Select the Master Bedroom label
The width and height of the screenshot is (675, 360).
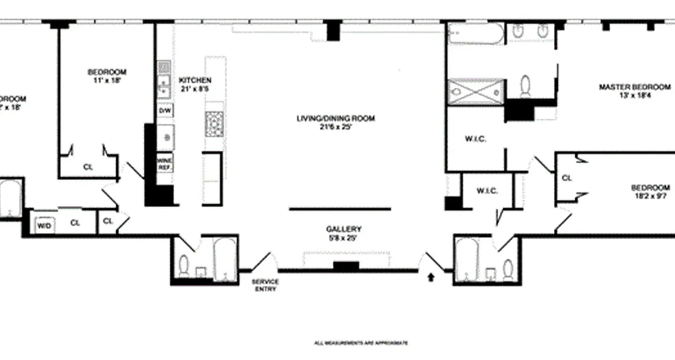coord(634,87)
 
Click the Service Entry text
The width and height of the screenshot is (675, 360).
coord(265,285)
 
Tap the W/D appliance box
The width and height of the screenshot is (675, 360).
coord(44,225)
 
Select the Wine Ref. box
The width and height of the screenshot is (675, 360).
coord(165,163)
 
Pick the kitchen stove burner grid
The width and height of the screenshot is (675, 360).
coord(214,124)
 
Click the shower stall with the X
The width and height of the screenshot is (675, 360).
coord(476,92)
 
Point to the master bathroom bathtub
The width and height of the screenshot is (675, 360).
coord(476,34)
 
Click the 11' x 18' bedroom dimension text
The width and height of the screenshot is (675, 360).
coord(107,81)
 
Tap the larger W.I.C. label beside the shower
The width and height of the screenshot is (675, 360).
coord(475,139)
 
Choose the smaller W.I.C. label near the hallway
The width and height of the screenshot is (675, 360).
coord(487,191)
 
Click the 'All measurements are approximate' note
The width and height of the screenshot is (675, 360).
coord(361,343)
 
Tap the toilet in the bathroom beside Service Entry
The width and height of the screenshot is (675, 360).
coord(184,265)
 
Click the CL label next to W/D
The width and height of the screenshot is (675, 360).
coord(75,223)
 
